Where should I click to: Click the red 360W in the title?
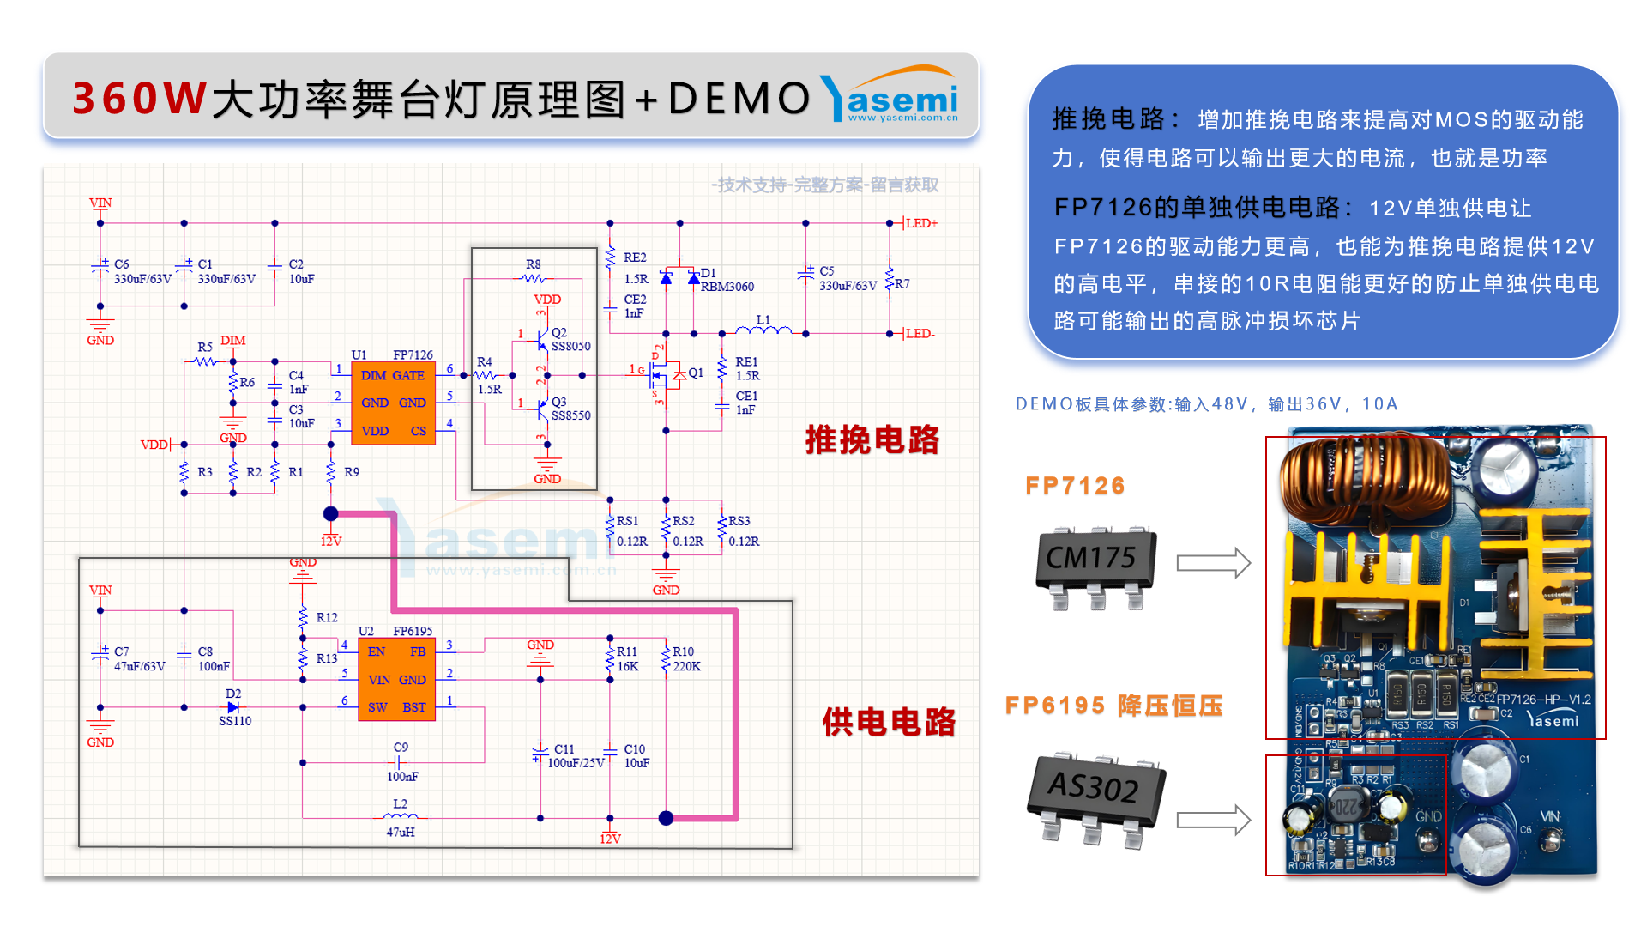click(x=139, y=98)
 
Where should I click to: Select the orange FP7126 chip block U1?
click(x=393, y=403)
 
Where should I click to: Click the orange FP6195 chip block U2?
click(x=396, y=679)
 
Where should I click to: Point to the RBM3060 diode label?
click(x=727, y=287)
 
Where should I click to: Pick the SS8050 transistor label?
click(x=570, y=347)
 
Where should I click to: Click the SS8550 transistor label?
click(x=570, y=415)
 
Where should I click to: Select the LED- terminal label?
click(x=920, y=334)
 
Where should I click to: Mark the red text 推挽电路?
click(x=872, y=439)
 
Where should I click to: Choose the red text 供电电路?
click(x=889, y=722)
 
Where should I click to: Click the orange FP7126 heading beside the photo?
click(x=1075, y=486)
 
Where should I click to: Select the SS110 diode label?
click(x=235, y=721)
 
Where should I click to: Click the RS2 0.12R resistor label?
click(x=687, y=531)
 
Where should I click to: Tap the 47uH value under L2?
click(x=401, y=832)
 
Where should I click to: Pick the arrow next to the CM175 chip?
click(x=1213, y=563)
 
